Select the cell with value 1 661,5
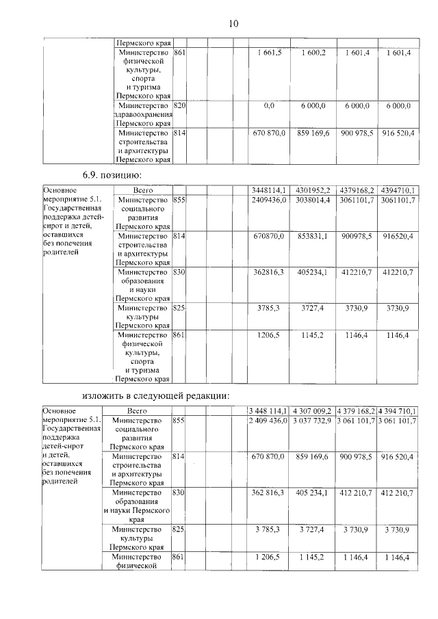270,53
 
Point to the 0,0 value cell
269,106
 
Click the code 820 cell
180,106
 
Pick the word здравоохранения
143,115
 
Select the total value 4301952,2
311,189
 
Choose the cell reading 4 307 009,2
311,410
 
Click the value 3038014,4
311,200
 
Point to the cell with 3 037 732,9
311,420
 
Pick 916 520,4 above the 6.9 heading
398,133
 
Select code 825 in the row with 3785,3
180,308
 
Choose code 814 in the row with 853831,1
180,235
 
